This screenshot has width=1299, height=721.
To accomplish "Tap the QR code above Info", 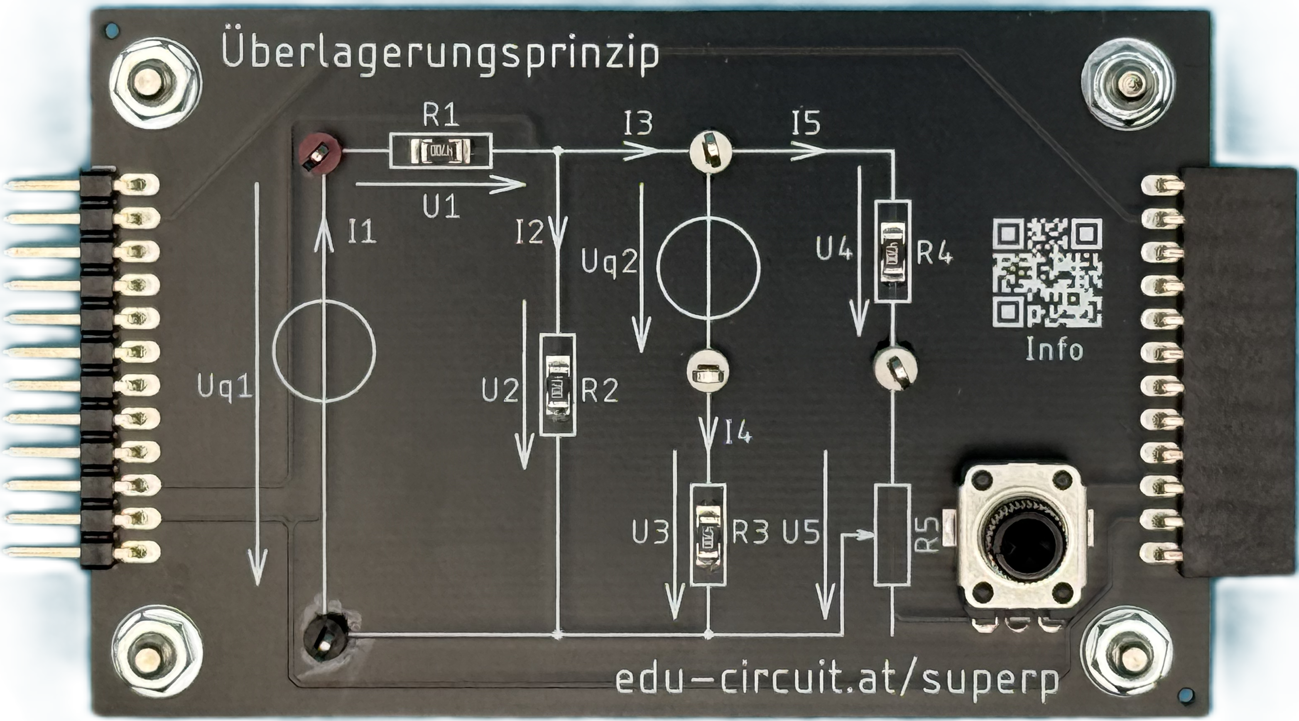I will pos(1047,272).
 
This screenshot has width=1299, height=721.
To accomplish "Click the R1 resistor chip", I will pos(440,151).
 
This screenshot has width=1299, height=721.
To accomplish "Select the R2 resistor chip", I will pos(557,390).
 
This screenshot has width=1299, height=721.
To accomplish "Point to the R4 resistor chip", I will pos(892,251).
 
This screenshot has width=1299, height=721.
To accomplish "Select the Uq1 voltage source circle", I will pos(324,351).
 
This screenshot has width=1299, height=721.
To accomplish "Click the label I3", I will pos(638,124).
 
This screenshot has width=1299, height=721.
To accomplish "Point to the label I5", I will pos(806,124).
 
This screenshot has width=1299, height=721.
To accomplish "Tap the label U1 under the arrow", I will pos(441,207).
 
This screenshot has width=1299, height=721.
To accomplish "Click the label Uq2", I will pos(609,263).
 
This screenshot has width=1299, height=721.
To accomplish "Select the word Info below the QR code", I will pos(1054,350).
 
